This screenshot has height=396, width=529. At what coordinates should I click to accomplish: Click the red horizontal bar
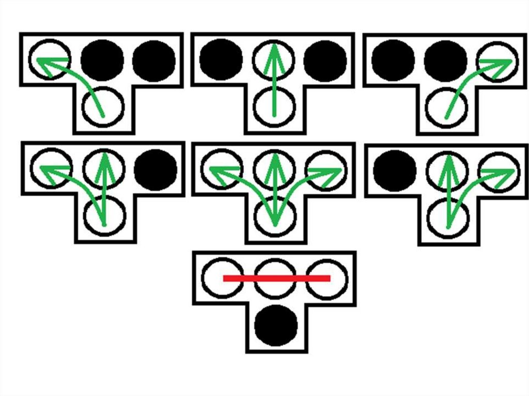click(276, 278)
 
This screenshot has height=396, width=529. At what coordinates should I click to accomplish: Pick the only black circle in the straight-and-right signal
click(394, 170)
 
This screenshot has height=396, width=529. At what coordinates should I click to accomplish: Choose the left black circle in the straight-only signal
click(221, 60)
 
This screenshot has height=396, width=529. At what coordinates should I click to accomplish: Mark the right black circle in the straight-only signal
click(325, 60)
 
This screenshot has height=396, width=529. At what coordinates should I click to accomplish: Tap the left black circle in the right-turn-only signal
click(393, 60)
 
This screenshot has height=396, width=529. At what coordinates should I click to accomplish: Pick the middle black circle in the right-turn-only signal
click(445, 60)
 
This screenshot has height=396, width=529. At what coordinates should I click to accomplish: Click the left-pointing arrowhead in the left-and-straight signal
click(46, 171)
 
